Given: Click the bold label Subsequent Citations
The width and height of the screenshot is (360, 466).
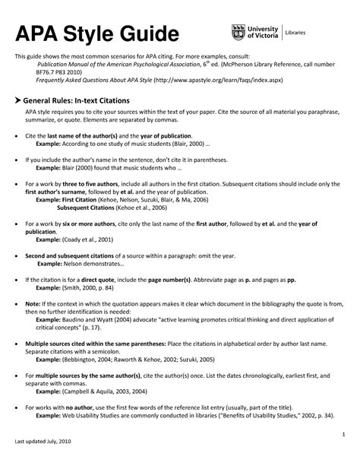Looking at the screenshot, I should (83, 207).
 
